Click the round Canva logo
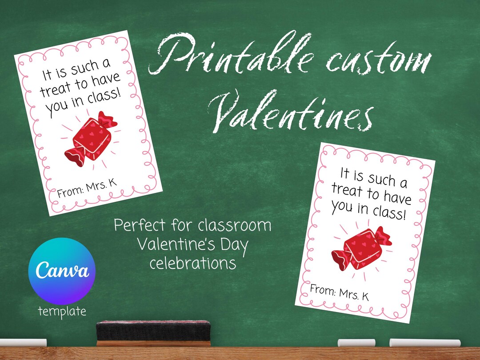coord(62,271)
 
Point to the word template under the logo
coord(62,311)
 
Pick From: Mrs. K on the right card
coord(339,293)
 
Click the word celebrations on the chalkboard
coord(192,263)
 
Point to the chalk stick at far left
coord(22,343)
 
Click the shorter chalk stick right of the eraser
coord(356,343)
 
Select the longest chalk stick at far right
coord(424,343)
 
